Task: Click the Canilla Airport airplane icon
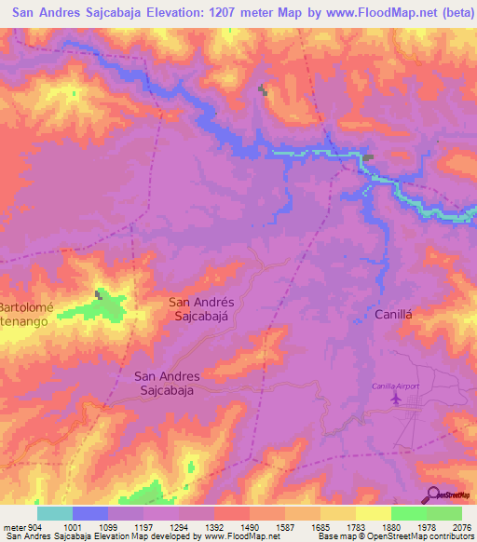pos(398,399)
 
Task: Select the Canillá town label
pos(392,315)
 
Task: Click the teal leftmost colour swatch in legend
pos(55,513)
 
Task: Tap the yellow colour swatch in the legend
pos(374,513)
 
